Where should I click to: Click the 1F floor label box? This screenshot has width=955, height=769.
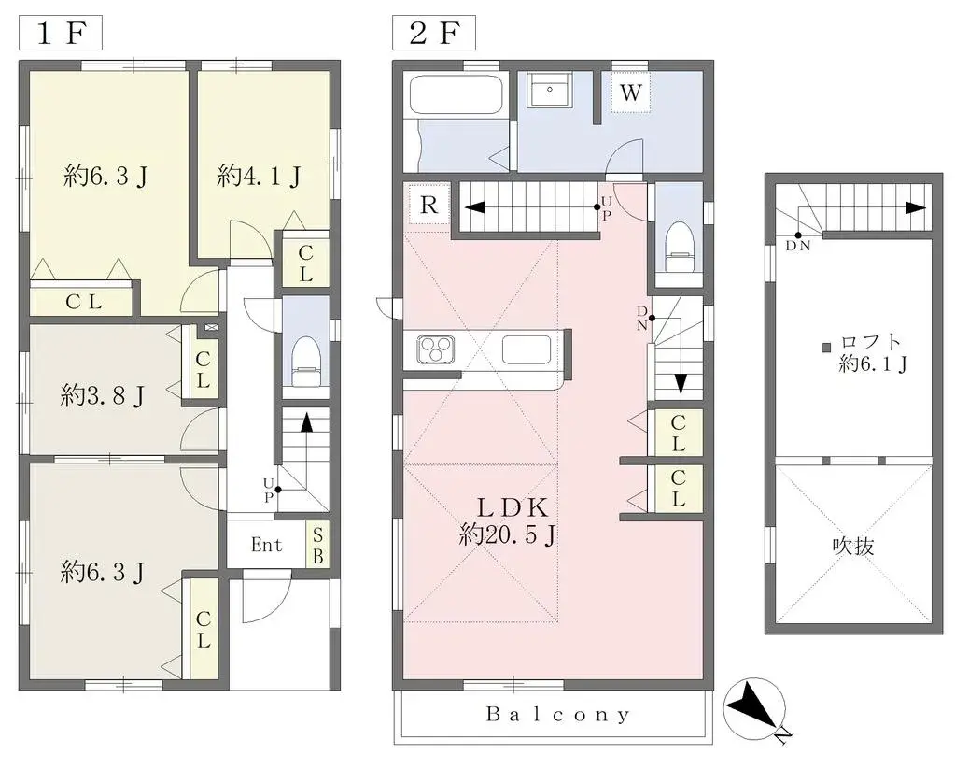tap(61, 34)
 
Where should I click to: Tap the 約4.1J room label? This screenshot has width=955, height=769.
tap(259, 176)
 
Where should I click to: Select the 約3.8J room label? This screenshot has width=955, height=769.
tap(103, 396)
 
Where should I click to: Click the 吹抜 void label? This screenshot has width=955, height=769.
tap(852, 546)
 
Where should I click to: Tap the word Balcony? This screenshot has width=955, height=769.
tap(558, 715)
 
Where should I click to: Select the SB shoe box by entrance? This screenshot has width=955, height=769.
tap(318, 545)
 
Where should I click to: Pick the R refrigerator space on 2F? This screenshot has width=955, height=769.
tap(428, 206)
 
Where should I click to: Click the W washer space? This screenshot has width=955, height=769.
tap(631, 93)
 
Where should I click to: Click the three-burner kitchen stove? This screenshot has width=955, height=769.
tap(434, 349)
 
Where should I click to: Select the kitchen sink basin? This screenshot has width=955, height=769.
tap(528, 349)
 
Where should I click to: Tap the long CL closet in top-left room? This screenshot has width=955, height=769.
tap(84, 301)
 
